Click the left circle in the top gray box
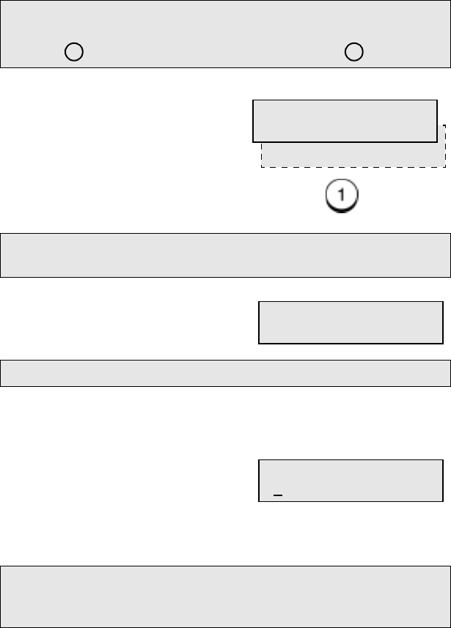pos(73,52)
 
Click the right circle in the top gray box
pos(354,52)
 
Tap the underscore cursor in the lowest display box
pos(278,495)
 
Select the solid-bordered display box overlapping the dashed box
pos(344,120)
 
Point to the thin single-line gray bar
pos(225,372)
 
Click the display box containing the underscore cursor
pos(351,481)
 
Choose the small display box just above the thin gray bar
pos(351,322)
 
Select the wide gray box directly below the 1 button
pos(225,255)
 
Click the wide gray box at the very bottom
pos(225,596)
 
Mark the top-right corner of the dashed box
pos(445,125)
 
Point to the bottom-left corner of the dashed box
pos(262,168)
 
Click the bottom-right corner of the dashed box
pos(445,168)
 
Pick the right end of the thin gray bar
pos(448,372)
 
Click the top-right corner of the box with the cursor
pos(443,460)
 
